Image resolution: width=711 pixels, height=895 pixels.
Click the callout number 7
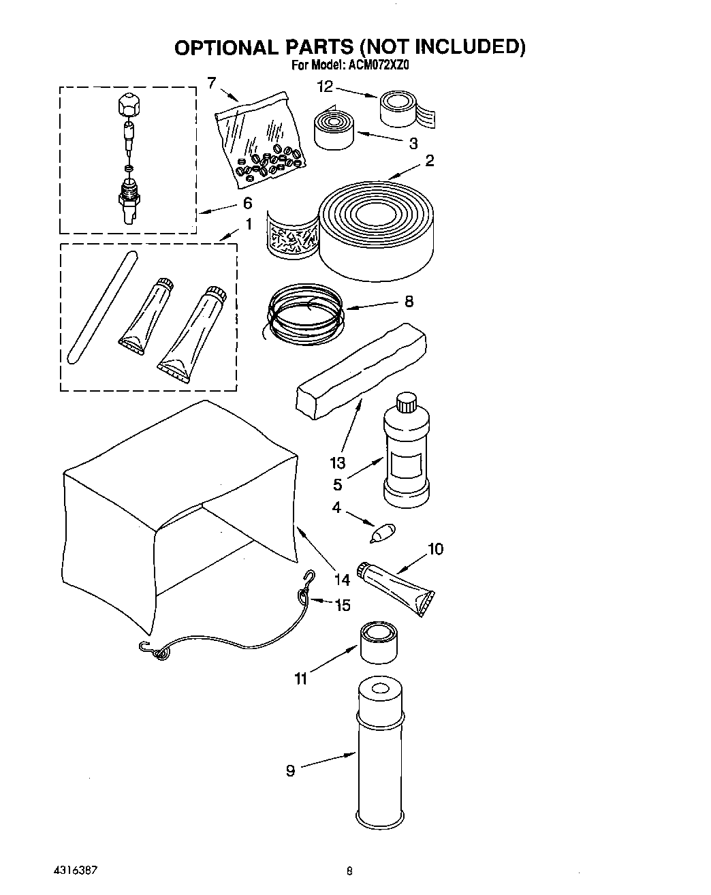212,83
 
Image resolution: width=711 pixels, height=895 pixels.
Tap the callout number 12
325,87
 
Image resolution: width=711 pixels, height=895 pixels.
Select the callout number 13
338,463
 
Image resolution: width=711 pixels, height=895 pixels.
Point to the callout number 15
342,604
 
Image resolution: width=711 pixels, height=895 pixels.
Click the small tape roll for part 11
379,641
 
